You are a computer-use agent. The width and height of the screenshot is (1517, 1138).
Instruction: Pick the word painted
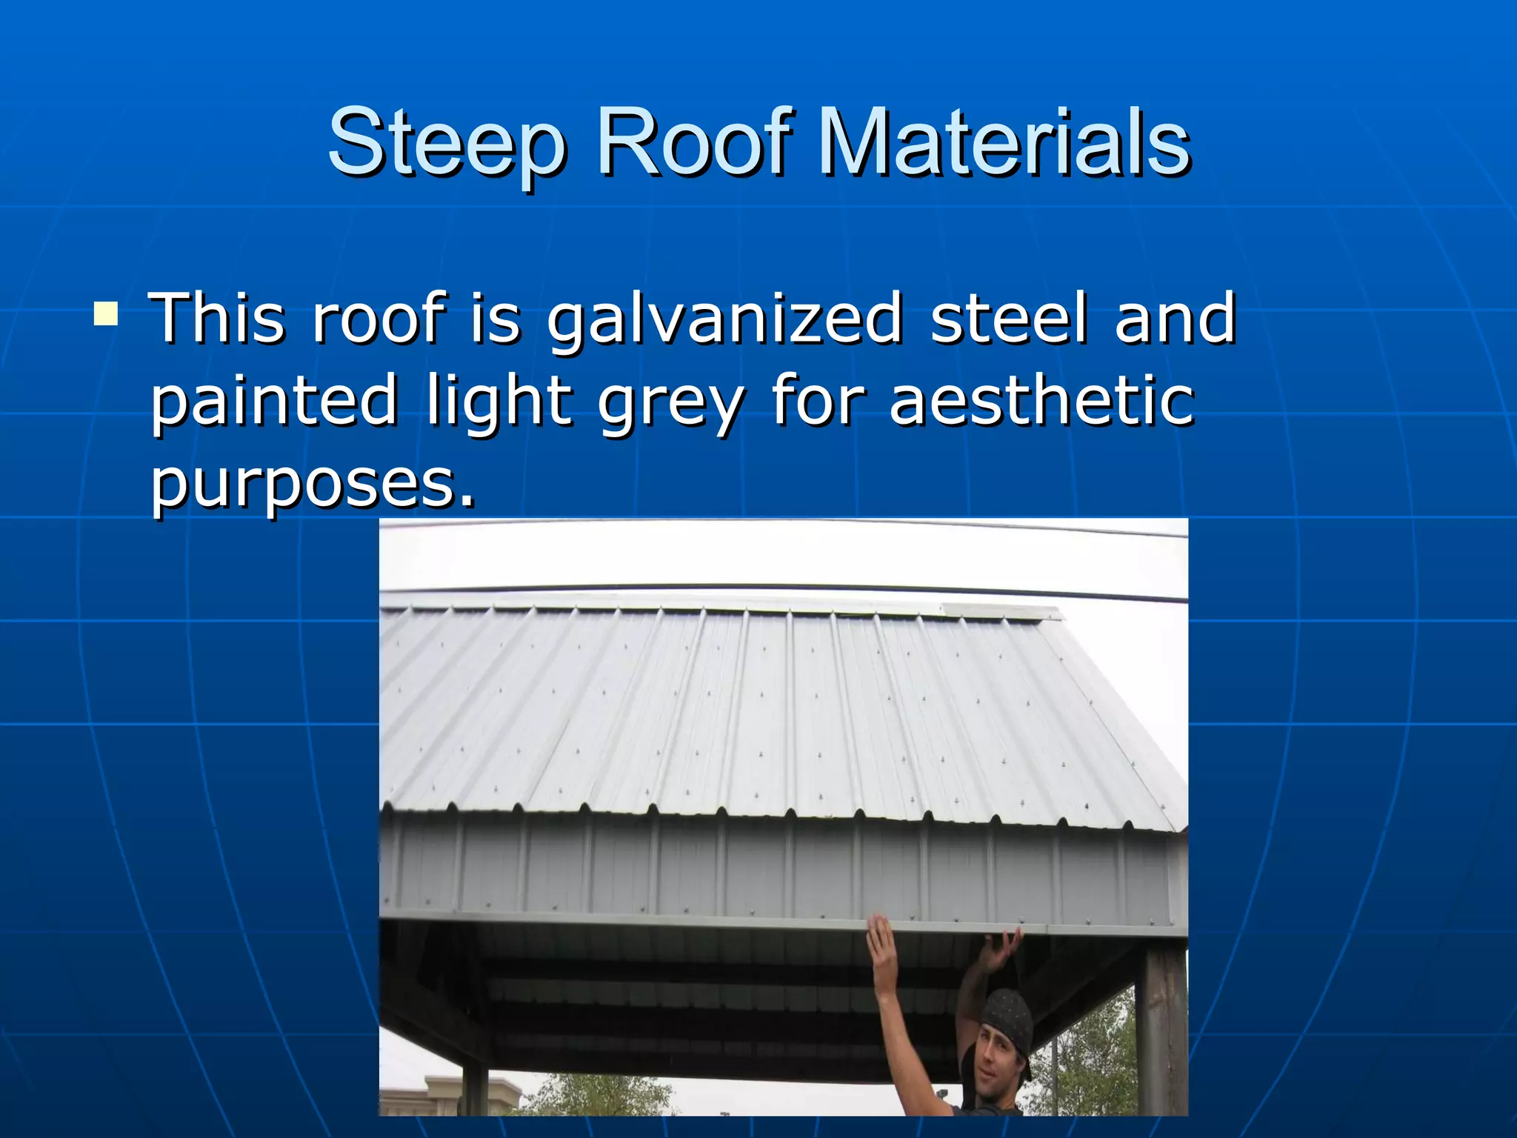275,402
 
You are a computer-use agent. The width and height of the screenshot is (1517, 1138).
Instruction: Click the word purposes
312,485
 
